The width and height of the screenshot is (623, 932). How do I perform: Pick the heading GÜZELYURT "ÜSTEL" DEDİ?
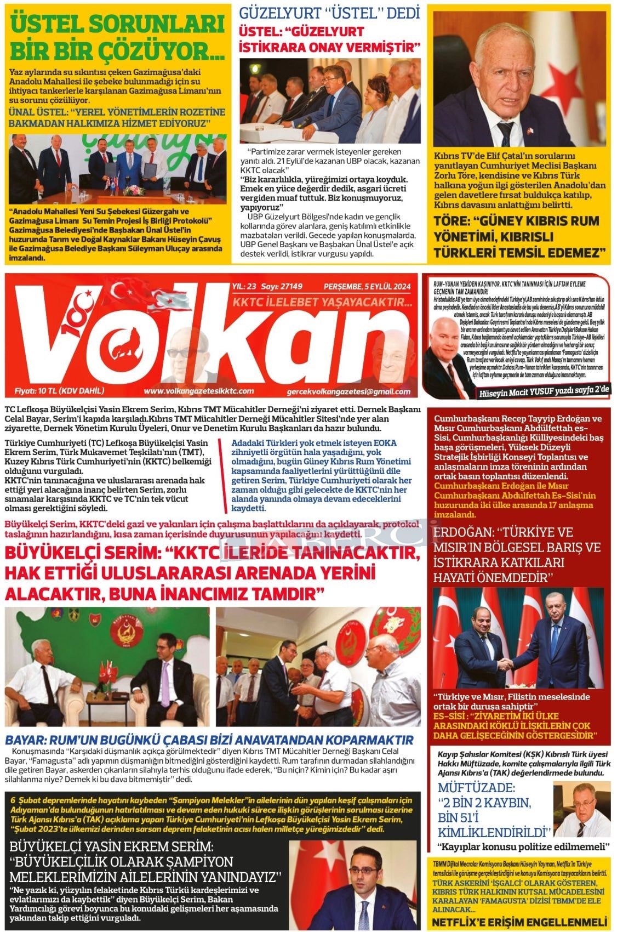coord(330,12)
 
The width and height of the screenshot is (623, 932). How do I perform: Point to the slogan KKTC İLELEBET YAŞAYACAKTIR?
coord(322,303)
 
